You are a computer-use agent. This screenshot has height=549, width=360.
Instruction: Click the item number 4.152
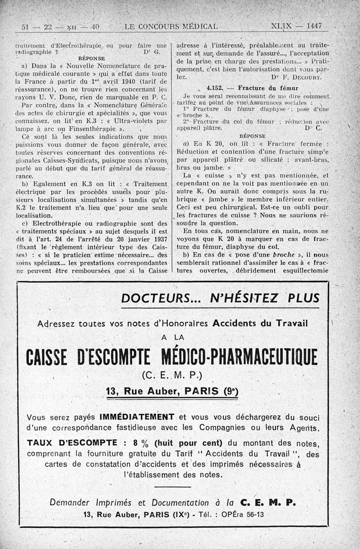pos(216,88)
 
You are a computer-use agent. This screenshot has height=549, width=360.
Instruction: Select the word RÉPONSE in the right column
pos(253,135)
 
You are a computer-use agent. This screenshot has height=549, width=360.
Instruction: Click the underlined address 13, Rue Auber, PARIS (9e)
pos(171,391)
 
